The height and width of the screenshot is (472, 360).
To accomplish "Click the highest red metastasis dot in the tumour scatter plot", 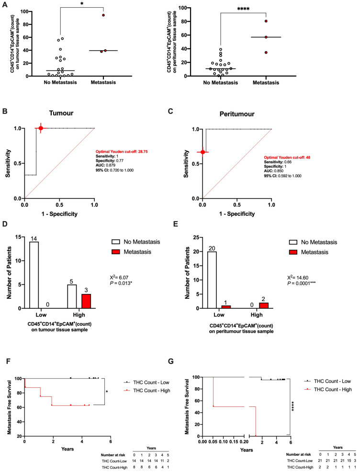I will coord(103,15).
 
